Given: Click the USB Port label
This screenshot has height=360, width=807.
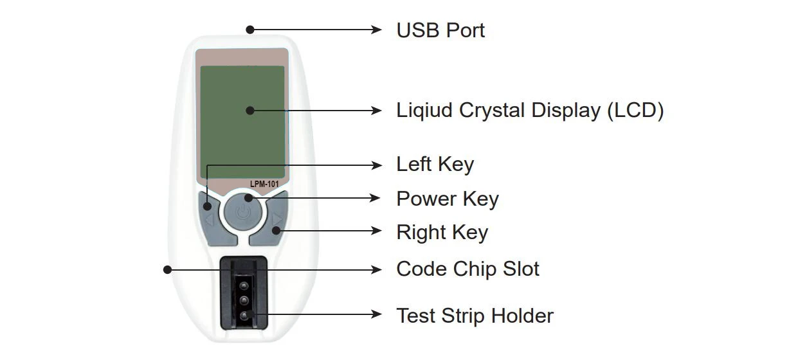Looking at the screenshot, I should (x=440, y=30).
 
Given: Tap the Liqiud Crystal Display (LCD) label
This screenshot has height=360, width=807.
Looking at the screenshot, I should (x=530, y=111).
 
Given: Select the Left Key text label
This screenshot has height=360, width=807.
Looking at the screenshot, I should (x=435, y=165).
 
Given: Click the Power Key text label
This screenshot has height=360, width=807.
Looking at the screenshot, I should (x=447, y=199).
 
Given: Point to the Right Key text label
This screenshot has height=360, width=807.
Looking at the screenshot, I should (x=442, y=232).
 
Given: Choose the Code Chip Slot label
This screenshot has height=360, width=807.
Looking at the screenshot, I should (x=467, y=269).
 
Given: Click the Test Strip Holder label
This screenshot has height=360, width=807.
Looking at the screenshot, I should (x=475, y=316).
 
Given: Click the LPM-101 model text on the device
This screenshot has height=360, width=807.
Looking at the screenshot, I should (x=264, y=184).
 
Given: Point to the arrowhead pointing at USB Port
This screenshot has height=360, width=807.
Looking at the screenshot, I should (x=377, y=30).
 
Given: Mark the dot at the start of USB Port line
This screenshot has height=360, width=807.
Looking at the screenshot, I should (x=250, y=30).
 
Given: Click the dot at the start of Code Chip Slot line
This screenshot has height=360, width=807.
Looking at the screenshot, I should (x=168, y=270).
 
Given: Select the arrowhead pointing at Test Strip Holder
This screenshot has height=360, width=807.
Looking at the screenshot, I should (x=377, y=315).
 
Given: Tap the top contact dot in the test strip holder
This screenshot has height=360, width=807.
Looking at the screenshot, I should (x=244, y=283).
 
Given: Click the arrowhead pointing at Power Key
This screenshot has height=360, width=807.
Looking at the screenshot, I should (x=377, y=199).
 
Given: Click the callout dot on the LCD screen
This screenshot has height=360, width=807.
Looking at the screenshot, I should (x=250, y=111).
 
